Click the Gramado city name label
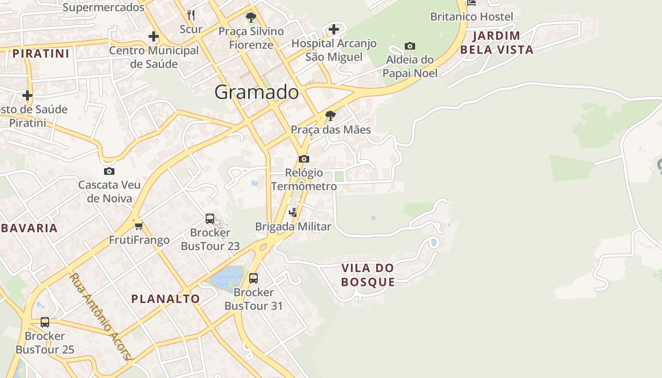[256, 92]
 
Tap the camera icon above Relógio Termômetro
[304, 159]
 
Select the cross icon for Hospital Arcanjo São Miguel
[334, 29]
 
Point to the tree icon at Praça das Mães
[331, 115]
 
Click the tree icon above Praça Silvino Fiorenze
[251, 18]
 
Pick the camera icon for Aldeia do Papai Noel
[410, 46]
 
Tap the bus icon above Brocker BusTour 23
[210, 219]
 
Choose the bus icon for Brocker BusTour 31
[253, 278]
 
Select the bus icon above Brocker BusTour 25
[45, 322]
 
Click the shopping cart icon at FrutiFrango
[139, 226]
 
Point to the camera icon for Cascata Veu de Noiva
[109, 171]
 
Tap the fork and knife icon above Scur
[191, 15]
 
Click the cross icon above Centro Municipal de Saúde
[154, 36]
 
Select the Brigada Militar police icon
[293, 212]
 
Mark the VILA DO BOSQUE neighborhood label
[368, 275]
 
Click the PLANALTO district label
[165, 299]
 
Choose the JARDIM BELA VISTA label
[496, 43]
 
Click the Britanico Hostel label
[471, 17]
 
